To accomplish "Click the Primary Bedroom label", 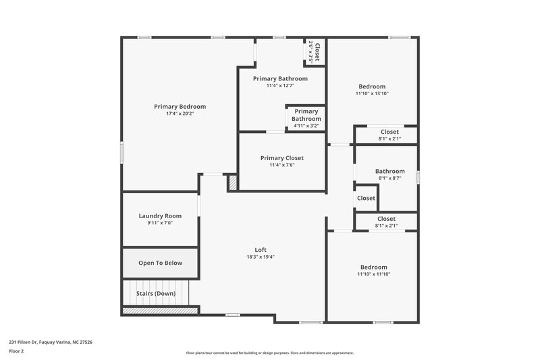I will (x=180, y=107).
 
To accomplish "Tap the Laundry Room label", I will (x=160, y=216).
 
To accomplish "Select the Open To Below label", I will (x=160, y=263).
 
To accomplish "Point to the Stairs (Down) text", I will (x=156, y=293).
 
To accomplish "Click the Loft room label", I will (x=261, y=250).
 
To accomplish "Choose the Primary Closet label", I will (x=282, y=158).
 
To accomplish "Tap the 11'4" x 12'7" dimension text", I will (x=280, y=86).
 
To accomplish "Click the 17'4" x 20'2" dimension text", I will (x=180, y=114).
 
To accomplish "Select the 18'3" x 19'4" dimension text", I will (x=261, y=257).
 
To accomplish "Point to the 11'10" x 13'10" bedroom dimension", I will (x=372, y=93).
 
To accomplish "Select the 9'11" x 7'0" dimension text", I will (x=160, y=224).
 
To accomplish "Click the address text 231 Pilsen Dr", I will (x=51, y=342).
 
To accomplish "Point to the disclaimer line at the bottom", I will (x=270, y=353).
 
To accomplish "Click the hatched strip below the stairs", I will (x=159, y=311).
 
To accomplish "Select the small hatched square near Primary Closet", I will (x=233, y=183).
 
